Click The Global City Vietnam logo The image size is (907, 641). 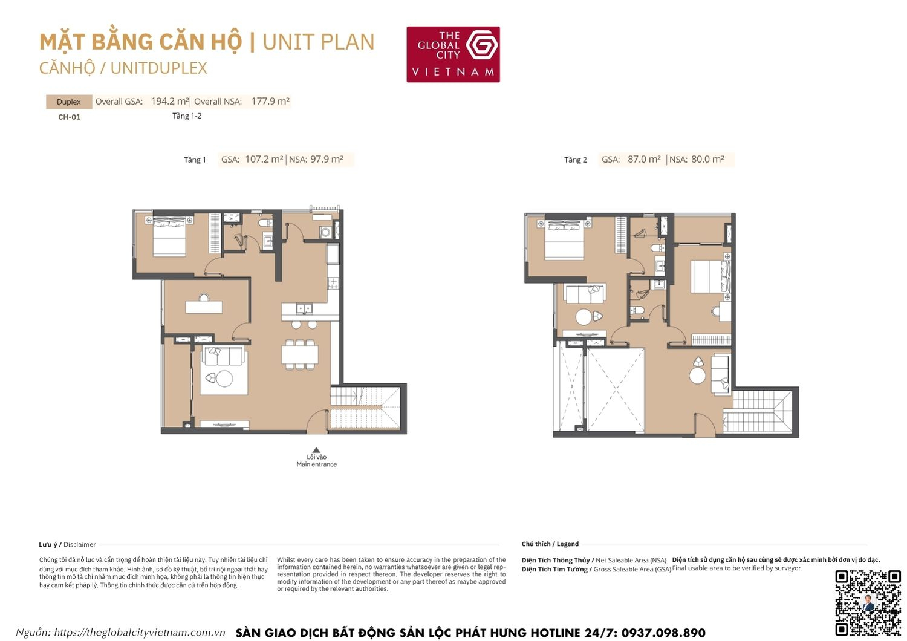[x=453, y=54]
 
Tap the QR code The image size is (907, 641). [x=868, y=602]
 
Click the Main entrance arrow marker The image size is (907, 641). [x=316, y=450]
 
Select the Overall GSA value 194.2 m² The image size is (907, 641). [x=170, y=102]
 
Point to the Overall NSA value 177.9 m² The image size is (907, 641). [x=270, y=102]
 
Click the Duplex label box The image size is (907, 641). [x=69, y=102]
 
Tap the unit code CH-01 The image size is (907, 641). [x=69, y=117]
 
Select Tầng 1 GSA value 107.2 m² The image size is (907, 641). [x=264, y=160]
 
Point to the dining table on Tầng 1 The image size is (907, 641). [x=300, y=354]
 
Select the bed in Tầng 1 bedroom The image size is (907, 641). [x=169, y=238]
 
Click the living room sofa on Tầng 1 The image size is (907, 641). [x=224, y=357]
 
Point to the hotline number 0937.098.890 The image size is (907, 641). [x=663, y=633]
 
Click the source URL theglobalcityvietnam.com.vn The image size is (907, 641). [x=140, y=633]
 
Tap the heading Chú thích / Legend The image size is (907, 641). [x=550, y=544]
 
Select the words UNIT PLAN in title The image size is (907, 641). [x=319, y=42]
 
